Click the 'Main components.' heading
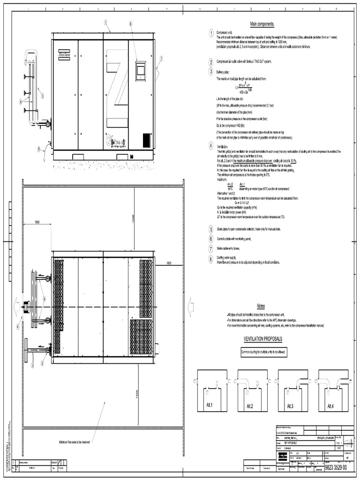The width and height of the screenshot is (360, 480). coord(262,24)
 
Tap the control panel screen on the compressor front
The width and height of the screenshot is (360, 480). coord(141,71)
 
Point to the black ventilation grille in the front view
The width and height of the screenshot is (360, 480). coord(146,140)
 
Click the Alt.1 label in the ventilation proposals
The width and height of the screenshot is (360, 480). coord(210,405)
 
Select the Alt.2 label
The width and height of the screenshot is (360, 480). coord(251,405)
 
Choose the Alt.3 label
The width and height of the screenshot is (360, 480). coord(291,405)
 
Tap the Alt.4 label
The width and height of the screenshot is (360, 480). coord(331,405)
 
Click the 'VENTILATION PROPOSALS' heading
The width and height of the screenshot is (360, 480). coord(262,338)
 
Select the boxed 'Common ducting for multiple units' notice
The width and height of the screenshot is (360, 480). coord(263,352)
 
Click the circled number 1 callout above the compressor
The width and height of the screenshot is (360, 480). coord(106,22)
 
